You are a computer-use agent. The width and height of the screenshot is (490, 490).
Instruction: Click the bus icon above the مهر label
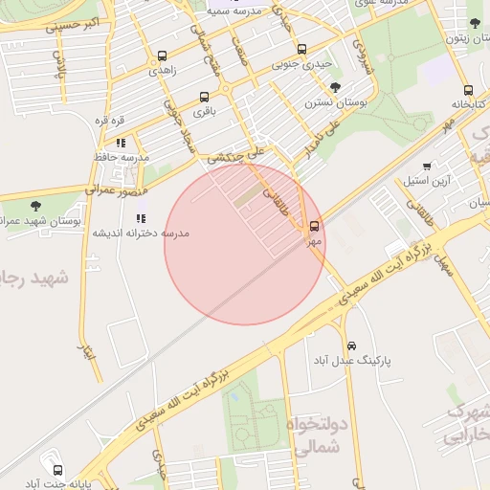[x=315, y=227]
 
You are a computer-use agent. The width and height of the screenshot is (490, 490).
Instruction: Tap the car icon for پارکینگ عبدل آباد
[x=351, y=345]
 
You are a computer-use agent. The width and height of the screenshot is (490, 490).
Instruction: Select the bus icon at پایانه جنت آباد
[x=58, y=470]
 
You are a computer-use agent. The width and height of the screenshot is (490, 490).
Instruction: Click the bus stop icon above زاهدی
[x=161, y=56]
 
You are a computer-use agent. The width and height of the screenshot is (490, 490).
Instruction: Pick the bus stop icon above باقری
[x=204, y=97]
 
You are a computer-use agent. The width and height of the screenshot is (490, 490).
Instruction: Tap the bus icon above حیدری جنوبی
[x=301, y=49]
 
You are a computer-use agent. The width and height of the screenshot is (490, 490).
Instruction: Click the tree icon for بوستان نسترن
[x=334, y=88]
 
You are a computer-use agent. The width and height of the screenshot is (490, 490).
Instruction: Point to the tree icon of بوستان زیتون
[x=475, y=23]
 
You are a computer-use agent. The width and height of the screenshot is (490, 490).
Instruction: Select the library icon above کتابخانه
[x=468, y=91]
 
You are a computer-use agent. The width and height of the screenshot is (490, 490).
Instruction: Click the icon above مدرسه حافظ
[x=121, y=142]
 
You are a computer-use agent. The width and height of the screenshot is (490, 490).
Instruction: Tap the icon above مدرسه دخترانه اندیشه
[x=141, y=218]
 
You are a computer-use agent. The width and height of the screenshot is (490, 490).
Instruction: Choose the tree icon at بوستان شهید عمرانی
[x=35, y=206]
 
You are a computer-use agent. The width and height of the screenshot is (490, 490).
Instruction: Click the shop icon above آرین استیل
[x=427, y=166]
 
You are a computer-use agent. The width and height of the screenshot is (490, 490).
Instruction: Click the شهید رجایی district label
[x=33, y=278]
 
